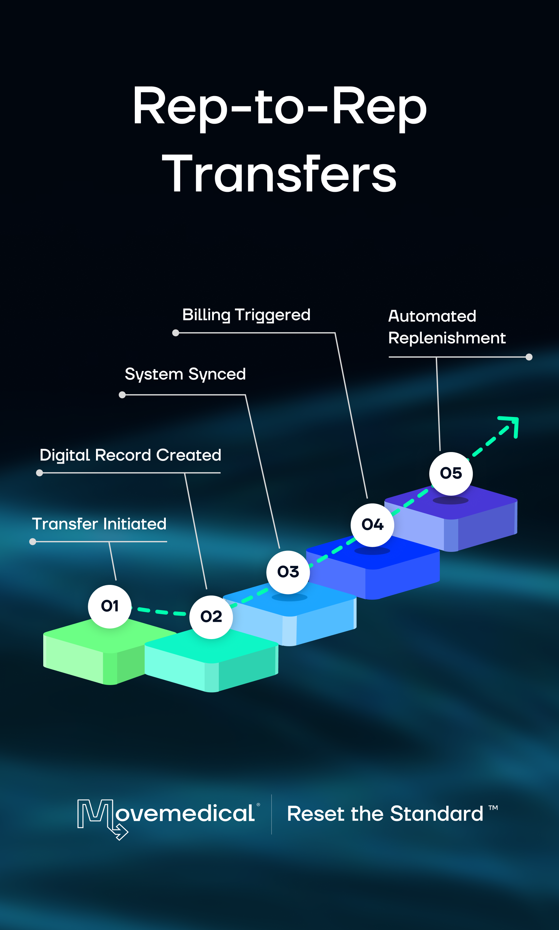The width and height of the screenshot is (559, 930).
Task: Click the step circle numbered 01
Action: [x=110, y=606]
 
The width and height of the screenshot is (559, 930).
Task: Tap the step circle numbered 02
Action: [x=211, y=617]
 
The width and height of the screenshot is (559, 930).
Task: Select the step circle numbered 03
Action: [x=288, y=572]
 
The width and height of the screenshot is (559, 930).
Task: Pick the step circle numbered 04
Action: [x=372, y=525]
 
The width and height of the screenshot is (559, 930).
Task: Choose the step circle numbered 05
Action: [x=451, y=473]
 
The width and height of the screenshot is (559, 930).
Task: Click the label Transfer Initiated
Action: [x=99, y=524]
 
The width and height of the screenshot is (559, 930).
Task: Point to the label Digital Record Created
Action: [x=130, y=455]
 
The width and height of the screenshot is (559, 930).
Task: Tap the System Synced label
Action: [x=185, y=374]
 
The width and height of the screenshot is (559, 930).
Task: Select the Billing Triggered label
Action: [x=246, y=315]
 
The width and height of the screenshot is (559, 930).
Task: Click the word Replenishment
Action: [x=447, y=338]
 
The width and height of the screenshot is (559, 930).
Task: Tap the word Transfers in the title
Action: [x=279, y=174]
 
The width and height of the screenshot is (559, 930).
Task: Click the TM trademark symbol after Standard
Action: [x=493, y=807]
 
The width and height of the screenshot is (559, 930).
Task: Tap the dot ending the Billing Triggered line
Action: [x=176, y=333]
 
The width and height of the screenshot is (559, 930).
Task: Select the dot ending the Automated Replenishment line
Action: [x=529, y=357]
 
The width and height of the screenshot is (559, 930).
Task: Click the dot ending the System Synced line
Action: [x=122, y=395]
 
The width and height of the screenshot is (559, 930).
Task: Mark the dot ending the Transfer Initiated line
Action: [x=33, y=542]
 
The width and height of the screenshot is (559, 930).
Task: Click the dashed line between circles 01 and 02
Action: [x=161, y=612]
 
